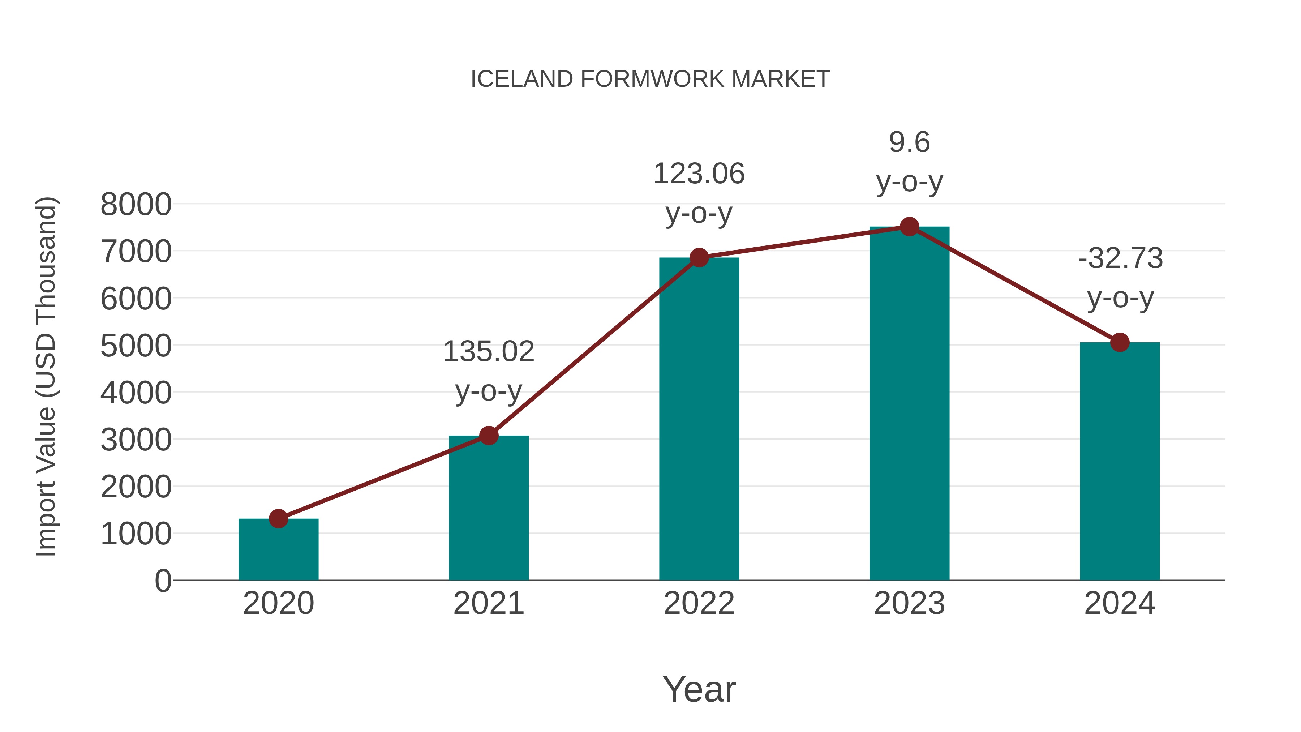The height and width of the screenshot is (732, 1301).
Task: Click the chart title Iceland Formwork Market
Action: click(650, 79)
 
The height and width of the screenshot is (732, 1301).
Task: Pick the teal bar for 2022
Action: click(699, 419)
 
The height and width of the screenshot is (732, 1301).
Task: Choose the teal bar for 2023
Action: click(909, 404)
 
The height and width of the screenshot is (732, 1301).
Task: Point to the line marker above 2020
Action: click(278, 518)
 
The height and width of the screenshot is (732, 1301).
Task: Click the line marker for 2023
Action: click(909, 227)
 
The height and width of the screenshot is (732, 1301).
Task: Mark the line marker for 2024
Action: click(1120, 343)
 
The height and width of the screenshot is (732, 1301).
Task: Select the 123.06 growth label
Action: click(699, 174)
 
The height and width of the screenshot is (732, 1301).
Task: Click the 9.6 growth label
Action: click(909, 142)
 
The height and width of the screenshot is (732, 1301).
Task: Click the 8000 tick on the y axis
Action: click(136, 205)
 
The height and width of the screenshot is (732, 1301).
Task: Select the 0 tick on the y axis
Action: click(163, 581)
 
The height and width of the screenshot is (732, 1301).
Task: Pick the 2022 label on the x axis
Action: click(699, 603)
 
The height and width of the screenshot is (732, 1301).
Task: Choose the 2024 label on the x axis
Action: click(1120, 603)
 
